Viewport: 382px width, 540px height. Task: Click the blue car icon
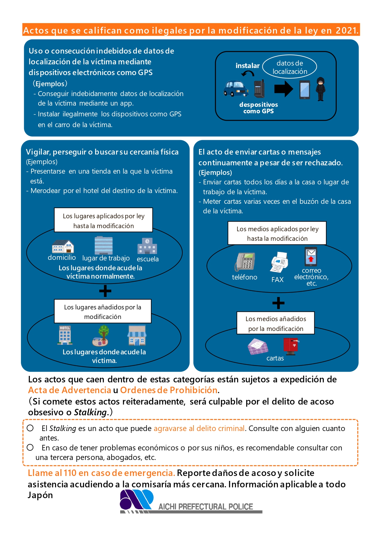pyautogui.click(x=236, y=88)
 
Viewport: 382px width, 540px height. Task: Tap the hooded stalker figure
pyautogui.click(x=320, y=89)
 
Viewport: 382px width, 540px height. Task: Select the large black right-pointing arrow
pyautogui.click(x=283, y=89)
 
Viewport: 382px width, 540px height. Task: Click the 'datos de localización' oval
pyautogui.click(x=290, y=67)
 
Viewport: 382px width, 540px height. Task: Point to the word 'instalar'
pyautogui.click(x=247, y=66)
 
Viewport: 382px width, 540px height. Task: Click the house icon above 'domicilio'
pyautogui.click(x=63, y=246)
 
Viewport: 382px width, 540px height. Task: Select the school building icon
pyautogui.click(x=147, y=246)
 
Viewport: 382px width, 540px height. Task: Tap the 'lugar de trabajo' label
pyautogui.click(x=106, y=258)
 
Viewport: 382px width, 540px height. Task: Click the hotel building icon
pyautogui.click(x=65, y=335)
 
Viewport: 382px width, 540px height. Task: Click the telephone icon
pyautogui.click(x=245, y=262)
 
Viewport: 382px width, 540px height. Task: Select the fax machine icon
pyautogui.click(x=279, y=262)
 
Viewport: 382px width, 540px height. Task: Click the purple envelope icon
pyautogui.click(x=258, y=347)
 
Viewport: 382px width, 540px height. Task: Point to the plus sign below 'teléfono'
pyautogui.click(x=278, y=303)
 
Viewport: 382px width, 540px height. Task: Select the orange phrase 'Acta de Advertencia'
pyautogui.click(x=69, y=390)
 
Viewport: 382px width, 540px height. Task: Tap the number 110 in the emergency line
pyautogui.click(x=70, y=473)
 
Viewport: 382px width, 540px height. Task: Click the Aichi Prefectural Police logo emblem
pyautogui.click(x=136, y=499)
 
